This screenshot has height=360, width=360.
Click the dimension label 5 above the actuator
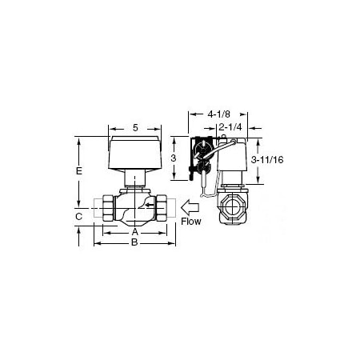coord(135,128)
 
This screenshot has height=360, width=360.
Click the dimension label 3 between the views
coord(174,159)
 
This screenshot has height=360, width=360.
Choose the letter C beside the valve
coord(78,216)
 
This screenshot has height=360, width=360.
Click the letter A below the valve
coord(134,233)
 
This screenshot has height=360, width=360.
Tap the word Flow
coord(190,220)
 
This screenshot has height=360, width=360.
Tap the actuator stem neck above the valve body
coord(135,181)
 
